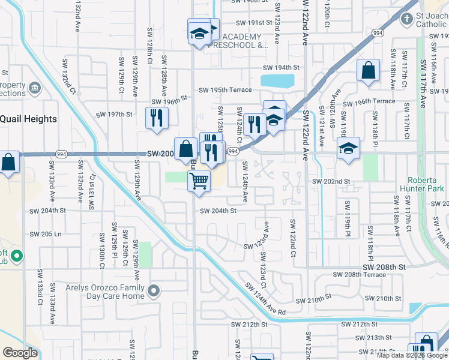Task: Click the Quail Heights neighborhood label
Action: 28,119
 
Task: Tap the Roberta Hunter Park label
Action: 425,184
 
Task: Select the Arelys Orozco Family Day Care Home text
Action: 97,292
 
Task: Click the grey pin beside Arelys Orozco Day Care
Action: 155,292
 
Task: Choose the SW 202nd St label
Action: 330,181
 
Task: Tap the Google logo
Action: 20,353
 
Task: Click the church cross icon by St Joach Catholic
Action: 406,20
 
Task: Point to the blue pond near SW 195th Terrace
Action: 277,80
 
